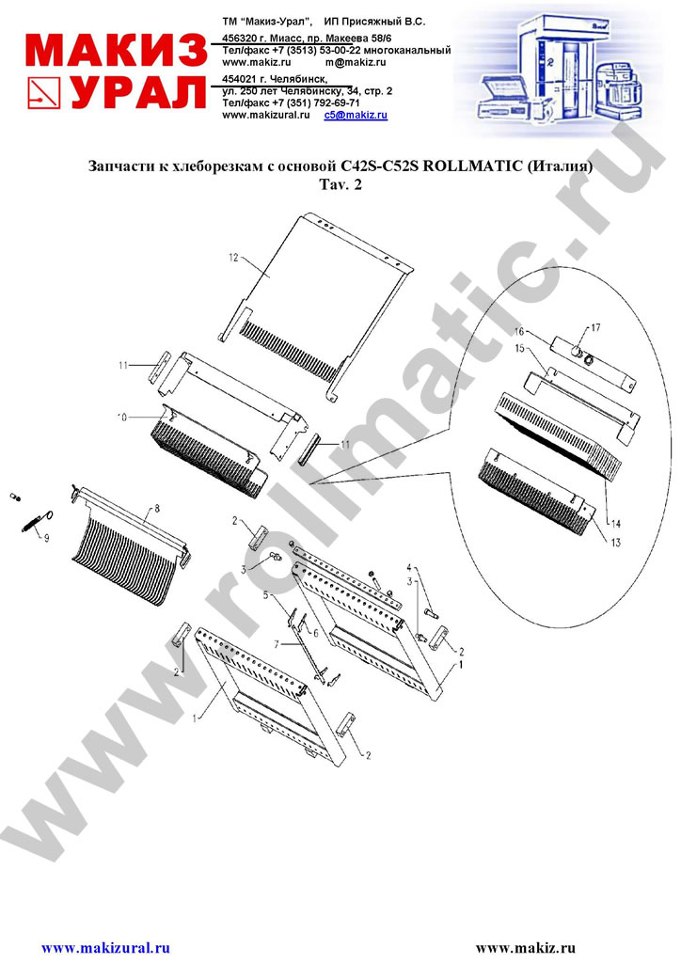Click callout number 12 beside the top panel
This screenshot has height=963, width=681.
[233, 258]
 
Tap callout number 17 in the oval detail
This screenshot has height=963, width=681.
[595, 327]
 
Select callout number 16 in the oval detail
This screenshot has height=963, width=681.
[519, 332]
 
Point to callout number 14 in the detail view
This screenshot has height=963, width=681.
[615, 524]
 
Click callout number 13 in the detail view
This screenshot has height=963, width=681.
[615, 543]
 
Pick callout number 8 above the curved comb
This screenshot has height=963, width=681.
[156, 509]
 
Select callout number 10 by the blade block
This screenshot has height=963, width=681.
[122, 418]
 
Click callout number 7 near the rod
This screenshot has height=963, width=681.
[277, 643]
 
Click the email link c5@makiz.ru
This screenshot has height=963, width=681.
[356, 115]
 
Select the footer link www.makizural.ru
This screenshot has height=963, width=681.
[105, 948]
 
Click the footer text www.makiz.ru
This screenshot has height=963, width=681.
[526, 948]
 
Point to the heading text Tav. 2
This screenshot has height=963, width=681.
[340, 184]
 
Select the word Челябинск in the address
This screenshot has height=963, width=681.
[302, 79]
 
